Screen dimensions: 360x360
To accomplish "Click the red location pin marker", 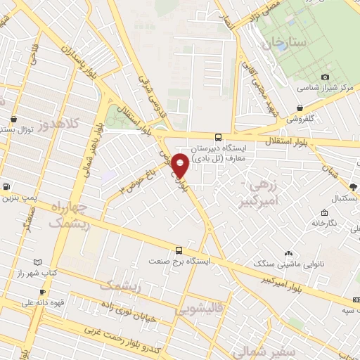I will [181, 165].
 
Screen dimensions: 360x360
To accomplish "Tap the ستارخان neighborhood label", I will [285, 44].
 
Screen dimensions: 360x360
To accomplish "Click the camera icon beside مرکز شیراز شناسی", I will [325, 77].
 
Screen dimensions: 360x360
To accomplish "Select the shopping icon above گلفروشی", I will [301, 108].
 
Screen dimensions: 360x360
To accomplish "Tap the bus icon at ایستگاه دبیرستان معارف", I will [218, 137].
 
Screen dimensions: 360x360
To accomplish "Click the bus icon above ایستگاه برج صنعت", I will [179, 250].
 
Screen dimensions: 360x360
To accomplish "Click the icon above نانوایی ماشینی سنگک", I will [288, 252].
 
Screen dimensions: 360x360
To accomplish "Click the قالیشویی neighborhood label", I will [200, 307].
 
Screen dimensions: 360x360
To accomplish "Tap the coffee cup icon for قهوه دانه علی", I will [42, 292].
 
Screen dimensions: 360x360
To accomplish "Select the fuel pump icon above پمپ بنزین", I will [6, 186].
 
